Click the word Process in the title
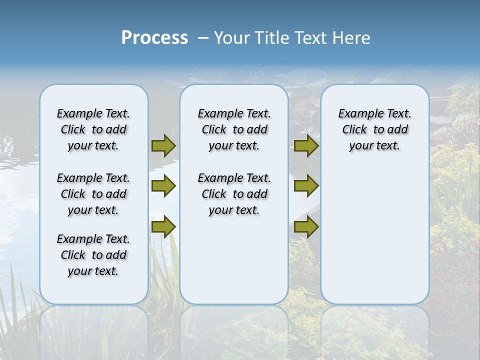(154, 38)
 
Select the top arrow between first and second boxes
(163, 145)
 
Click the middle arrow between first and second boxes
(163, 186)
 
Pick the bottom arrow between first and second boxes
(163, 226)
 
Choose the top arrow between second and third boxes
(306, 145)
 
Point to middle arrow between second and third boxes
(306, 186)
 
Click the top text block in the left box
(93, 129)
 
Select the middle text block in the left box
(93, 194)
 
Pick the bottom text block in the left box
(93, 255)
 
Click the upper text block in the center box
(234, 129)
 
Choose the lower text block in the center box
(234, 194)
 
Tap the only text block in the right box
(374, 129)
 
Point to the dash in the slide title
(203, 38)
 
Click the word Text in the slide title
(311, 38)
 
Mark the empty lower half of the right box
(374, 240)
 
